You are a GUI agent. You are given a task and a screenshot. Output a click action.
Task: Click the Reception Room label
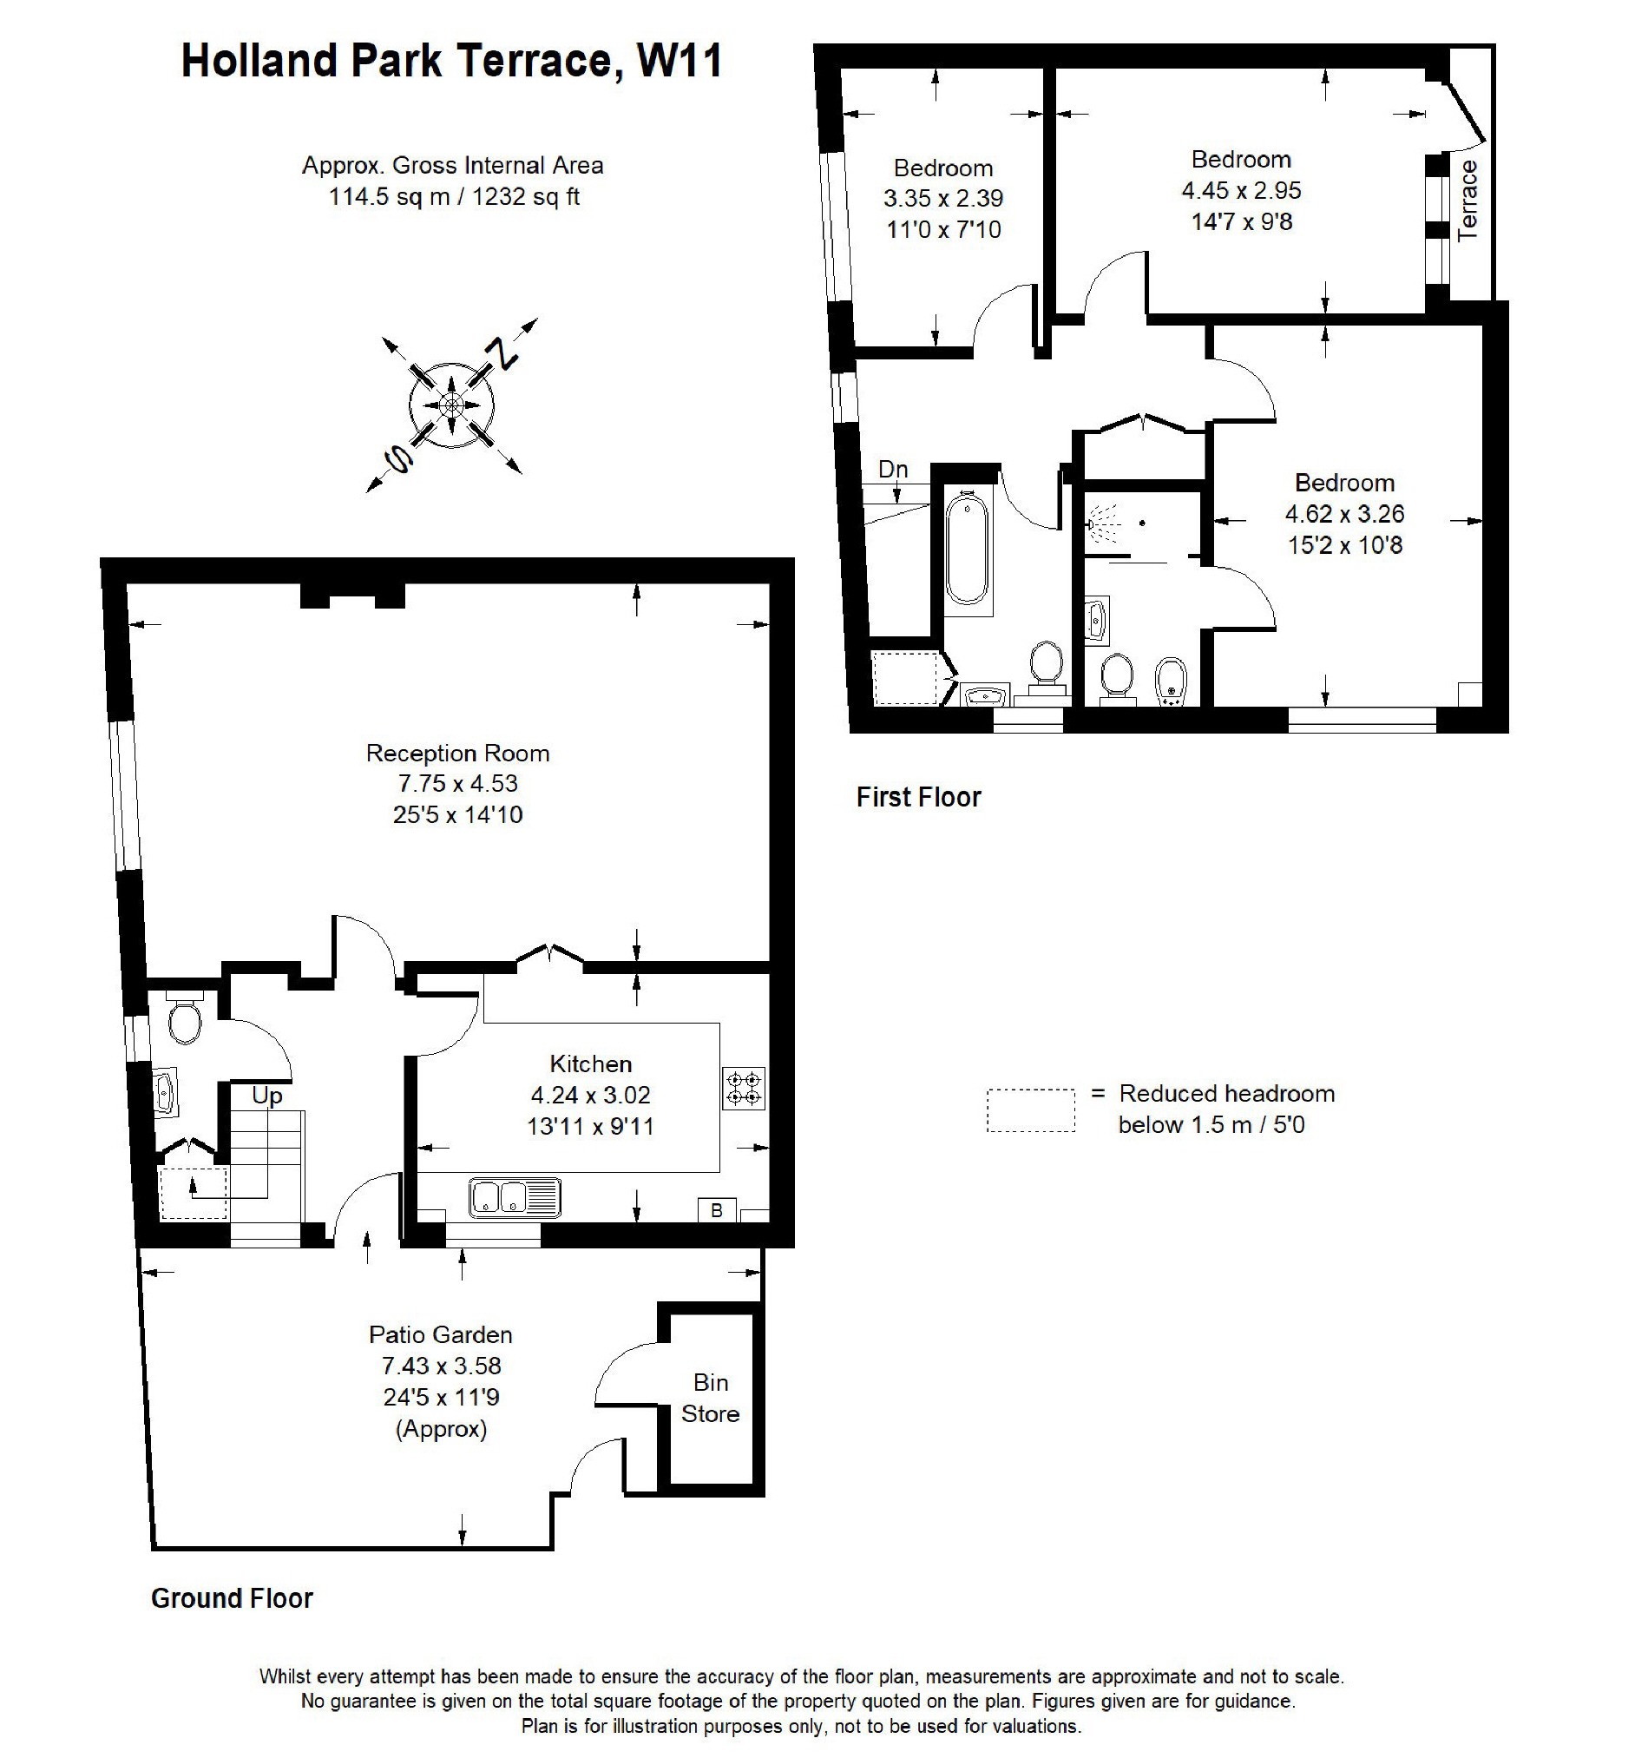click(x=457, y=754)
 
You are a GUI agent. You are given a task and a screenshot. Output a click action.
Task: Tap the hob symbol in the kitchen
click(x=744, y=1089)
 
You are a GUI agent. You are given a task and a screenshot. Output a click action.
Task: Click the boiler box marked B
click(x=717, y=1210)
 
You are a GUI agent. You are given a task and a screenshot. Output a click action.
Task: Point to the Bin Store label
click(x=710, y=1397)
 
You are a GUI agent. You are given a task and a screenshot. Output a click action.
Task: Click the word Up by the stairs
click(x=267, y=1096)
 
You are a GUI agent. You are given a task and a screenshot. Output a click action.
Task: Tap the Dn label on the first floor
click(x=893, y=470)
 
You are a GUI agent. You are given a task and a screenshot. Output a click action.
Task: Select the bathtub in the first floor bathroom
click(x=967, y=550)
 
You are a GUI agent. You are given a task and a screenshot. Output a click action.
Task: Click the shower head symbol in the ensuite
click(x=1101, y=524)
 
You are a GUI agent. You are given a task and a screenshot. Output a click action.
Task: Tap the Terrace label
click(x=1467, y=201)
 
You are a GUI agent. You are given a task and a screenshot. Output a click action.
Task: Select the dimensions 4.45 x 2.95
click(x=1241, y=191)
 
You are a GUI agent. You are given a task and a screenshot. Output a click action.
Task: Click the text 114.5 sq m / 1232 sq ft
click(x=454, y=196)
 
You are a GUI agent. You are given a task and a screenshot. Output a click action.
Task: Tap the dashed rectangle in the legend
click(x=1031, y=1109)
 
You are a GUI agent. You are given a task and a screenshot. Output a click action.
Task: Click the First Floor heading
click(x=919, y=798)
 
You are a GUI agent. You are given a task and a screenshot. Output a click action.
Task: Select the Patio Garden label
click(x=440, y=1334)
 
